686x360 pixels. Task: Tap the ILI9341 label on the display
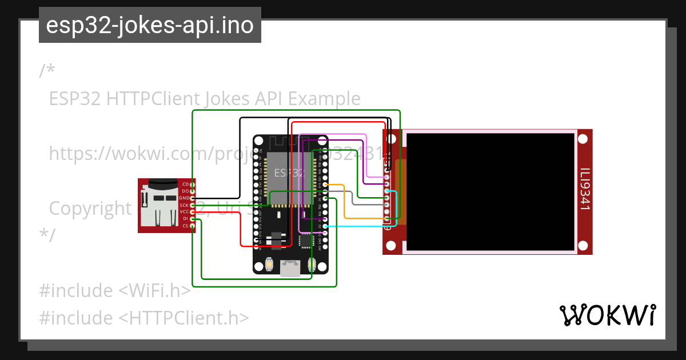click(x=584, y=189)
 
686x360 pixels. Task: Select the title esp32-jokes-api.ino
click(x=150, y=25)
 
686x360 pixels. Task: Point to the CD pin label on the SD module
click(x=185, y=184)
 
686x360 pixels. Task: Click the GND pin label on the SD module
click(x=184, y=198)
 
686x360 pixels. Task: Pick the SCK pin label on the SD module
click(x=184, y=205)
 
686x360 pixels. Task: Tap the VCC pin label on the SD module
click(x=184, y=212)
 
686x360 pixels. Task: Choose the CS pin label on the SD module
click(x=185, y=226)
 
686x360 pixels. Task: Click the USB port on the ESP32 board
click(x=290, y=269)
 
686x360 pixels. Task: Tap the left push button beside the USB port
click(x=269, y=265)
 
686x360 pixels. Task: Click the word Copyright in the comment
click(x=90, y=208)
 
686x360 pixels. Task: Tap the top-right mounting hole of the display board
click(x=583, y=139)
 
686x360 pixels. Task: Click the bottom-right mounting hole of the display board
click(x=583, y=246)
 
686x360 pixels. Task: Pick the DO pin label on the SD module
click(x=185, y=191)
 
